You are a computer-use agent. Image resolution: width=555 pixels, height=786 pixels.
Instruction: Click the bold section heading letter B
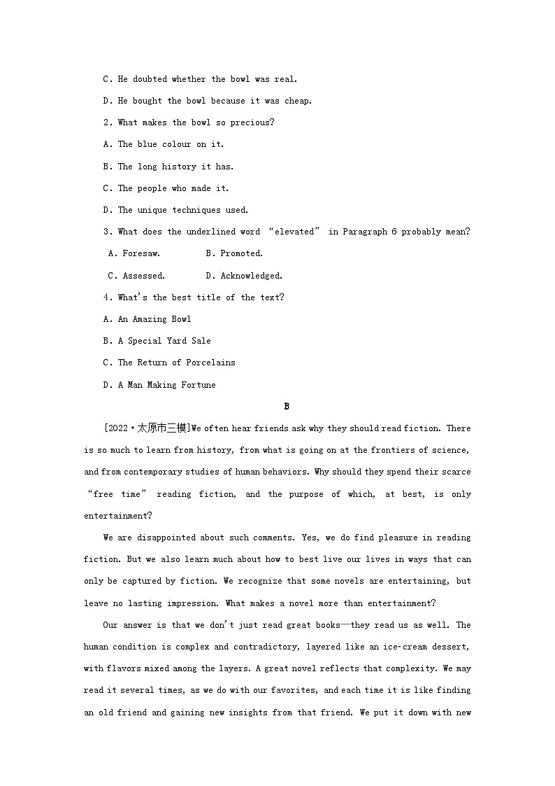pyautogui.click(x=287, y=406)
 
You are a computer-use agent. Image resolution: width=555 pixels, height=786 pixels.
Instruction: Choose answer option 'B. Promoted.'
pyautogui.click(x=234, y=253)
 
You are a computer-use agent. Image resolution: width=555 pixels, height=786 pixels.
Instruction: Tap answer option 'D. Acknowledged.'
pyautogui.click(x=244, y=276)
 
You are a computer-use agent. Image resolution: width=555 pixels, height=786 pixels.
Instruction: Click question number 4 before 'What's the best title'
pyautogui.click(x=107, y=297)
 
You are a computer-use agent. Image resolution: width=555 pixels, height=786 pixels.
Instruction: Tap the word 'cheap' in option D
pyautogui.click(x=297, y=101)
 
